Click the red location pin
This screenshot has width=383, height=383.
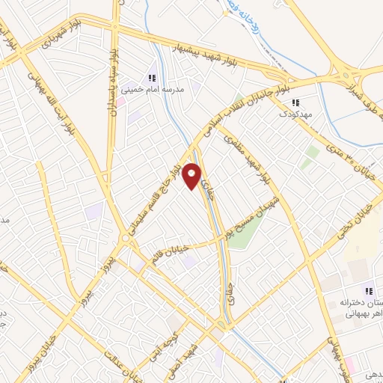tap(192, 176)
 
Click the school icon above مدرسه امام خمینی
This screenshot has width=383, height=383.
tap(152, 78)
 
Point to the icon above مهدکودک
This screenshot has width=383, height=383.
tap(295, 102)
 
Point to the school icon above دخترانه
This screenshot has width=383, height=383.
tap(367, 291)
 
